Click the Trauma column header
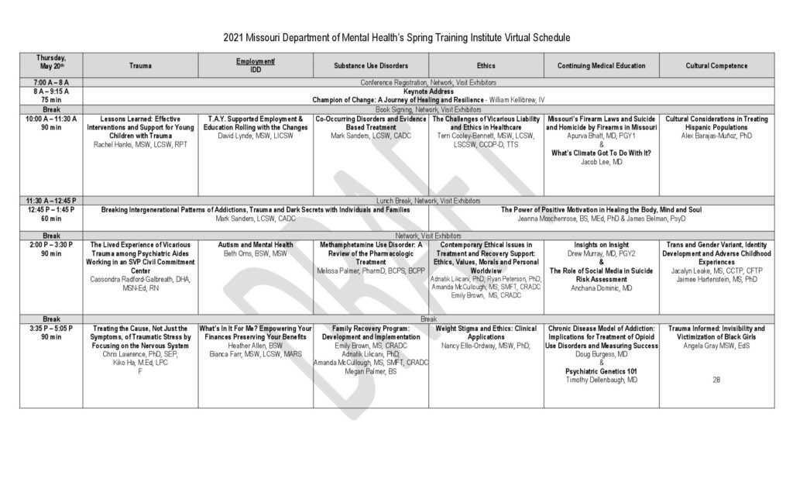tap(140, 66)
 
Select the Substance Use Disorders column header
tap(371, 66)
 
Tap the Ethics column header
tap(486, 66)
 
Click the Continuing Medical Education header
tap(601, 66)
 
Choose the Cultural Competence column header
tap(716, 66)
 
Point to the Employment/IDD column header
tap(256, 65)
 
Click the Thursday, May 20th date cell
tap(51, 62)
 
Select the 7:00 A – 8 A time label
tap(51, 82)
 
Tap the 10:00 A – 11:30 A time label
tap(51, 119)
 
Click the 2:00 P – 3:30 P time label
tap(51, 244)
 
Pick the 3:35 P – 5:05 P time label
tap(51, 329)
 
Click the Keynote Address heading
tap(427, 91)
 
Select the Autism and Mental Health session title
tap(256, 244)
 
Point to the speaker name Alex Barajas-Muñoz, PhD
tap(716, 136)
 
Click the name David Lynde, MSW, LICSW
tap(256, 136)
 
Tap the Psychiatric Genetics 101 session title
tap(601, 371)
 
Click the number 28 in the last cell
tap(716, 380)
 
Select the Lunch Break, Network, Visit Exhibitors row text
tap(427, 200)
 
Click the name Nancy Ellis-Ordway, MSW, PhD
tap(486, 346)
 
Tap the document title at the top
tap(396, 36)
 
